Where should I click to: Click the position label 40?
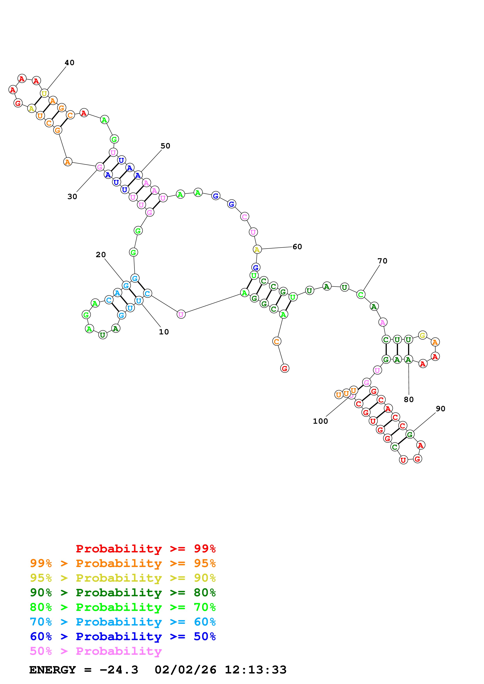(x=70, y=63)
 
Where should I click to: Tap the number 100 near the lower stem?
(x=320, y=421)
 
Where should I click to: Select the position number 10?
(x=164, y=332)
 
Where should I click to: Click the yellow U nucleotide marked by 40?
(x=44, y=93)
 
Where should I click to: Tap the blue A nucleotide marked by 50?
(x=138, y=175)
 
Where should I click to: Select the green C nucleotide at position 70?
(x=361, y=295)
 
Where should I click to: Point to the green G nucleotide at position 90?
(x=410, y=434)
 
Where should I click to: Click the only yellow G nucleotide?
(x=422, y=335)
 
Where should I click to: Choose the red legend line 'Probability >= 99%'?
(x=145, y=549)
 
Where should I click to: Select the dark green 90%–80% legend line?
(x=123, y=593)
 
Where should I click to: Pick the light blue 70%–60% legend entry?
(x=123, y=622)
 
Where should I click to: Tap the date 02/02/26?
(x=185, y=670)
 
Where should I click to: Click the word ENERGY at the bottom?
(x=53, y=670)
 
